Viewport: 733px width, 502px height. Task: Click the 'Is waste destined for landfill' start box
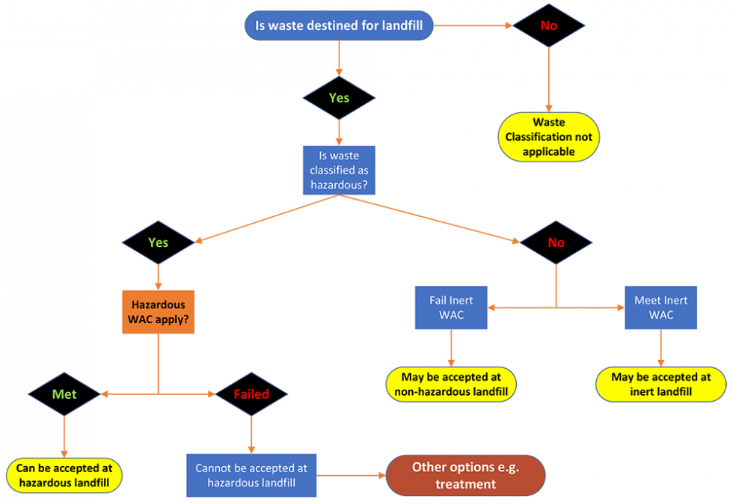(339, 25)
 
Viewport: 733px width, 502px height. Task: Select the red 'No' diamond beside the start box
(549, 25)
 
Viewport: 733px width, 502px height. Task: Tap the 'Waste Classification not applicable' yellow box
(549, 137)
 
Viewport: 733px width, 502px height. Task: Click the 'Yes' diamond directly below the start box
(339, 97)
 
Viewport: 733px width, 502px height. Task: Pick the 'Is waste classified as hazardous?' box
(340, 170)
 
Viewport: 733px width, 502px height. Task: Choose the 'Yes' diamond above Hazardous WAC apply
(158, 242)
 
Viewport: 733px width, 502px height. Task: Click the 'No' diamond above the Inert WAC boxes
(556, 242)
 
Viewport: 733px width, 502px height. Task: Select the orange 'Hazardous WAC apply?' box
(158, 312)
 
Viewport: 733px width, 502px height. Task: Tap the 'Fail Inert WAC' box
(451, 307)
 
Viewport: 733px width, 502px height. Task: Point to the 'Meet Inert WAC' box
(660, 307)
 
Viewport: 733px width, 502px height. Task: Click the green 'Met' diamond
(64, 394)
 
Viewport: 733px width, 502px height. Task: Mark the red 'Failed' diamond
(251, 394)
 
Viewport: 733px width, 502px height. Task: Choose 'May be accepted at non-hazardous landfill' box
(451, 384)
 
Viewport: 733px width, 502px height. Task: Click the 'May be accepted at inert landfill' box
(660, 384)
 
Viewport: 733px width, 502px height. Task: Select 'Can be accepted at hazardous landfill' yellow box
(64, 476)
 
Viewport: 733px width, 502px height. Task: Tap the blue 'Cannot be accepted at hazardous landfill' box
(251, 476)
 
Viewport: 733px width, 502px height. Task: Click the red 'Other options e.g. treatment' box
(465, 475)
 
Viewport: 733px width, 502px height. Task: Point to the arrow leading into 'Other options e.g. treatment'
(352, 476)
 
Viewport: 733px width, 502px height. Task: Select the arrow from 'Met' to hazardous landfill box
(64, 438)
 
